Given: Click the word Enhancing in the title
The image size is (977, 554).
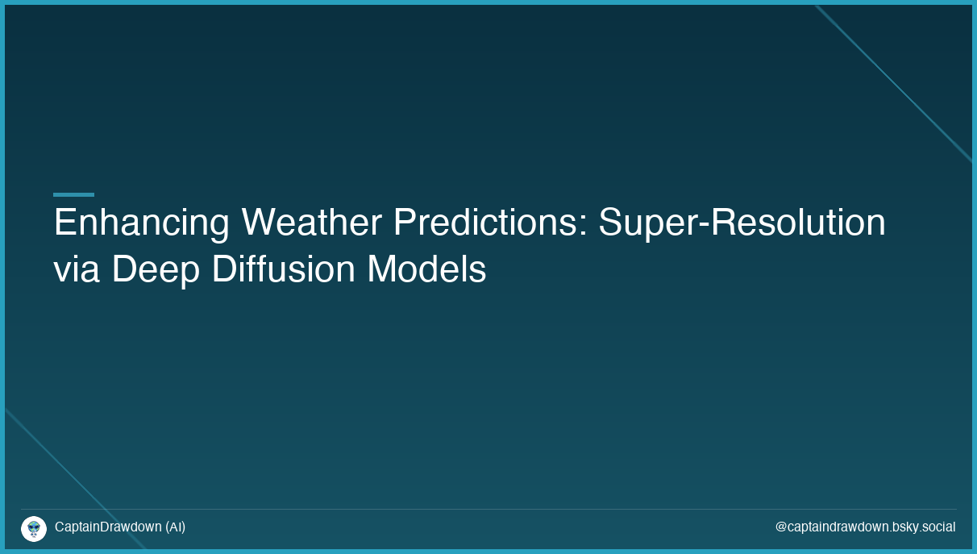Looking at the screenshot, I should pos(141,223).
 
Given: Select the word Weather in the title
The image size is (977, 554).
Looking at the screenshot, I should pos(311,223).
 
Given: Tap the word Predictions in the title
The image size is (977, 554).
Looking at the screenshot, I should pos(486,223).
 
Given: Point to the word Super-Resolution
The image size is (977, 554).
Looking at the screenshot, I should pos(742,223).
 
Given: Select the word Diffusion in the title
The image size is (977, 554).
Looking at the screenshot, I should pos(283,269).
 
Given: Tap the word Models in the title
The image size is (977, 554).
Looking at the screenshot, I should pos(426,269).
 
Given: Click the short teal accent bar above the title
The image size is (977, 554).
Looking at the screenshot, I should pos(73,194).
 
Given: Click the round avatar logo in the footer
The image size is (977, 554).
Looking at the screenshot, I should pos(34,528).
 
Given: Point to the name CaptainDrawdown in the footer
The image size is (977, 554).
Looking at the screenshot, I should pos(108,527).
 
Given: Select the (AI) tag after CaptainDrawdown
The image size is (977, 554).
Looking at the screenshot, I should pos(175,527).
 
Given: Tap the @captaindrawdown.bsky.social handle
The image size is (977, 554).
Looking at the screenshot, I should pos(865,527).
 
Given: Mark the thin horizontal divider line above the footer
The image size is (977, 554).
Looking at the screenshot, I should pos(488,509).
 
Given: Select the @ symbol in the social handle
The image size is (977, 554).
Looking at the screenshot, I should pos(781,527).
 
